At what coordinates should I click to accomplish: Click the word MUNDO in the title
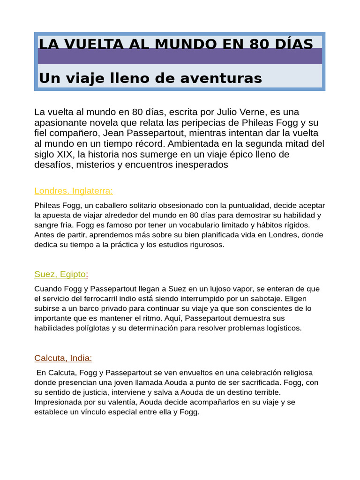click(185, 44)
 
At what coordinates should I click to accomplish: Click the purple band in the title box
click(180, 56)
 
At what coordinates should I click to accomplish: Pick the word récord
click(148, 143)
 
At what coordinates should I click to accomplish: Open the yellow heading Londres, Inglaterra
click(74, 191)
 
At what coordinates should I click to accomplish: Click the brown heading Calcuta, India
click(63, 358)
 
